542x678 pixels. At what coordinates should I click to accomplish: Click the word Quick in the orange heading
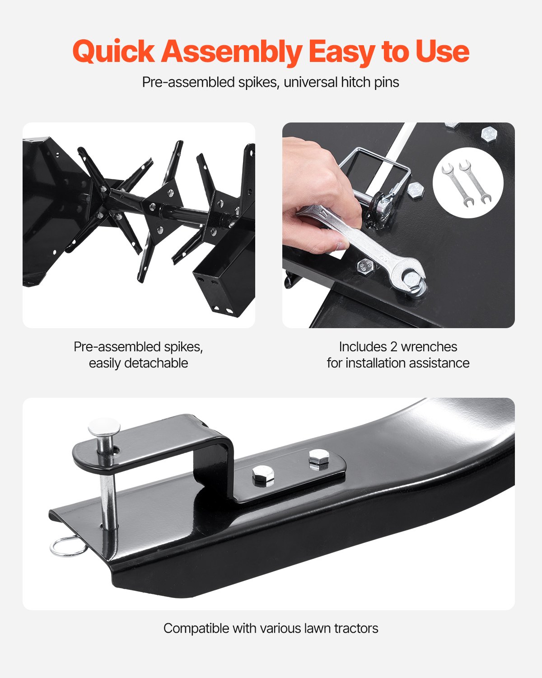(114, 51)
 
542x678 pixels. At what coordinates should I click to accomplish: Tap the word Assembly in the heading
(232, 52)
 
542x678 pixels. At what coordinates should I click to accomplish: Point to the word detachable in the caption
(156, 363)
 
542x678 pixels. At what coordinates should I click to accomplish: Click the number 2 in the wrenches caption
(393, 347)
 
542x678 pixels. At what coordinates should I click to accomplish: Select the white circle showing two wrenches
(468, 183)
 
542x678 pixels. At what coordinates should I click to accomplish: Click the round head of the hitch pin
(104, 427)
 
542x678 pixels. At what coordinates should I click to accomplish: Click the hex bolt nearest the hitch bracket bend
(263, 475)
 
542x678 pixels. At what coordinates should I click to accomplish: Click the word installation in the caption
(376, 363)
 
